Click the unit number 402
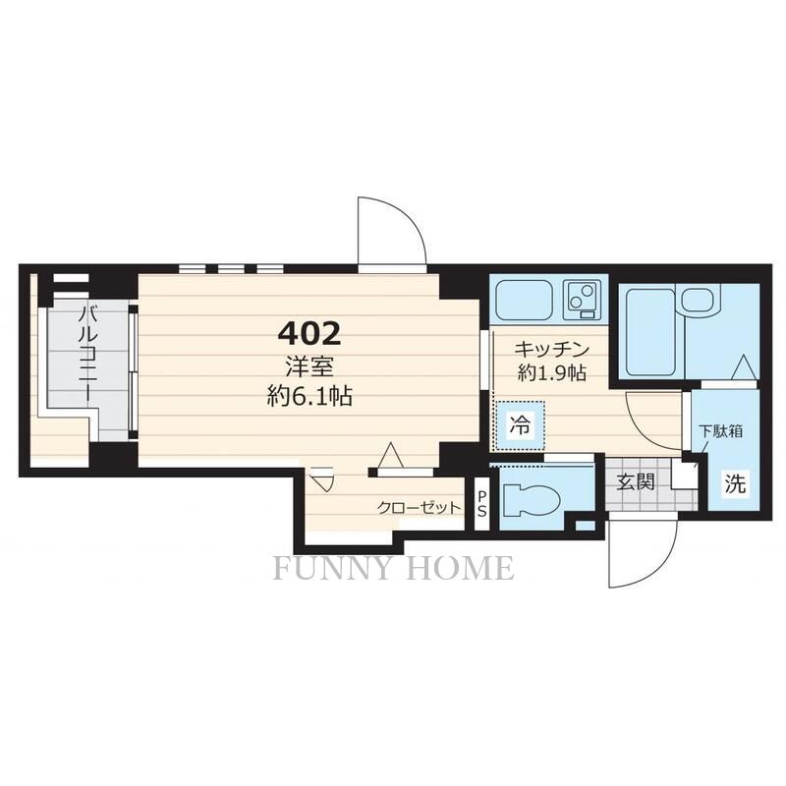pos(309,334)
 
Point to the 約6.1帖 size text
pos(309,397)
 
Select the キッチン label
pos(551,349)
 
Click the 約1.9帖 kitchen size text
pos(551,372)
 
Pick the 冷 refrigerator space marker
pos(520,425)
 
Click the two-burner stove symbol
pos(582,300)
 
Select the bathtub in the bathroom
pos(650,331)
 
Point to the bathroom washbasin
pos(698,300)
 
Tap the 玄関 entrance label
pos(636,481)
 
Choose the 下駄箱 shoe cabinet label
pos(721,431)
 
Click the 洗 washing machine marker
pos(734,483)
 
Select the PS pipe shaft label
pos(481,504)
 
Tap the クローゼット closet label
pos(419,508)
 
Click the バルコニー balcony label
pos(85,354)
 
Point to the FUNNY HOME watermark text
pos(394,568)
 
